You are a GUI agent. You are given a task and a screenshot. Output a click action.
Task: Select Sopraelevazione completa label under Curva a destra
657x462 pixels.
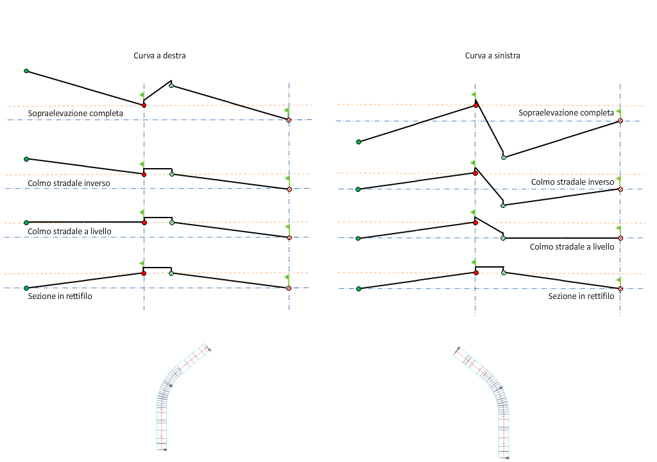(x=76, y=114)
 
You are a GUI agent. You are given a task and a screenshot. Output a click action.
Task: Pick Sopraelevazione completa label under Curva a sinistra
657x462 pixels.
(x=567, y=113)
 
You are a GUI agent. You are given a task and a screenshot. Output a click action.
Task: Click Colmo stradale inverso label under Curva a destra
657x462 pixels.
(x=69, y=183)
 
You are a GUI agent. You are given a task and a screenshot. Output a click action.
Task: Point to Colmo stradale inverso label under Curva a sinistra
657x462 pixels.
(x=573, y=182)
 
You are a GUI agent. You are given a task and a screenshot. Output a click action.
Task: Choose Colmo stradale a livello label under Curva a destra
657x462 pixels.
(x=70, y=232)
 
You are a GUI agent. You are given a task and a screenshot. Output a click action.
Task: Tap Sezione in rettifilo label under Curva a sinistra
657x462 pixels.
(x=581, y=296)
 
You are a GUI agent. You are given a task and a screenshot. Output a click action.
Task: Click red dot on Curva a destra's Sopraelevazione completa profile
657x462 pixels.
(x=144, y=105)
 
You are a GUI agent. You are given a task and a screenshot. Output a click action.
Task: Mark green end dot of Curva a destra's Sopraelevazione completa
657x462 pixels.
(x=26, y=71)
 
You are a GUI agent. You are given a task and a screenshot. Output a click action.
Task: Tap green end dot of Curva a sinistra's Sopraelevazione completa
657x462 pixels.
(x=359, y=142)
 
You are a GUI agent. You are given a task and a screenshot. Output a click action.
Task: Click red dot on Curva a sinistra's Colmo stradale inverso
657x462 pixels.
(x=475, y=173)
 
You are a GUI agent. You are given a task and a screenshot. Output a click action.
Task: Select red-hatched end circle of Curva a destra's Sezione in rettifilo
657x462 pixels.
(x=289, y=288)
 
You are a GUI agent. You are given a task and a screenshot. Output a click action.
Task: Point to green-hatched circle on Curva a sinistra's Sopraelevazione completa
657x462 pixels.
(x=504, y=157)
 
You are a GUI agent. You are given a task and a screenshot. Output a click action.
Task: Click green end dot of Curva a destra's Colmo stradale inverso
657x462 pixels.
(x=26, y=158)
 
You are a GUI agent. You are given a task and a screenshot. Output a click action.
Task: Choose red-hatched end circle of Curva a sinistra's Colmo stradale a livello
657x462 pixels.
(x=620, y=238)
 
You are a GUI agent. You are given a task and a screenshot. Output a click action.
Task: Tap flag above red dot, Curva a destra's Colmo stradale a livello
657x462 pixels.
(x=142, y=212)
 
